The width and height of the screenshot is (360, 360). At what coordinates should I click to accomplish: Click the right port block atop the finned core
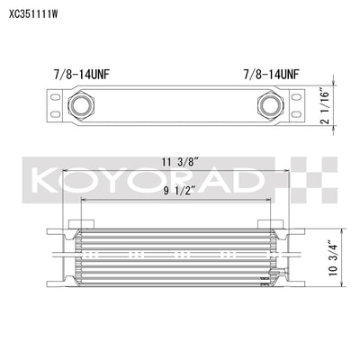pos(268,224)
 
